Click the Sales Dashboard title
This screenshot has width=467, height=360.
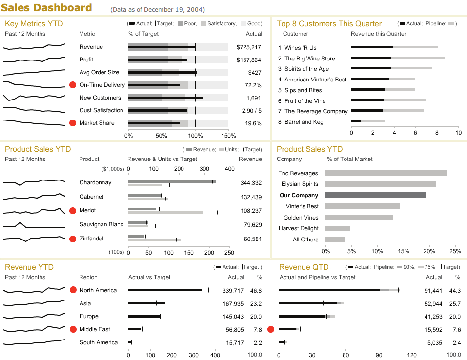point(47,8)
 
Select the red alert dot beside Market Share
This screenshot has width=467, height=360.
point(73,123)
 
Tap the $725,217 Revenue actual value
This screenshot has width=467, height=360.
point(248,47)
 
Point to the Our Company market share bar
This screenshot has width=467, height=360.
point(375,195)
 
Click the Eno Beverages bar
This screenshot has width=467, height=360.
point(386,173)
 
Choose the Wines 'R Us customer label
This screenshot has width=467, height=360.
point(300,48)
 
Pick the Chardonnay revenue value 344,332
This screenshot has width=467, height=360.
point(251,183)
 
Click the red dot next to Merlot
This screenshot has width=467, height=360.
point(73,210)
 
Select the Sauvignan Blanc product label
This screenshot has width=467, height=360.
point(102,224)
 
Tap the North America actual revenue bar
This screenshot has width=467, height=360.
point(165,290)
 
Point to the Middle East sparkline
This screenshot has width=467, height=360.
point(34,329)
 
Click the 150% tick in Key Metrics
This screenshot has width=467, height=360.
point(228,136)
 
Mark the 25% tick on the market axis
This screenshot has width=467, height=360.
point(455,251)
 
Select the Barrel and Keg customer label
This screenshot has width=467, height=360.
point(304,122)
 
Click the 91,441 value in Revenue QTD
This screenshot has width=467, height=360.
point(434,291)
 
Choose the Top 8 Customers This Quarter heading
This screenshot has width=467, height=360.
point(329,23)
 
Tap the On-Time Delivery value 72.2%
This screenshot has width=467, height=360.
point(253,85)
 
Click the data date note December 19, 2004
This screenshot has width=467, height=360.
point(158,10)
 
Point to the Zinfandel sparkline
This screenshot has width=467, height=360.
point(34,239)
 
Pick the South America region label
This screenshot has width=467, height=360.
point(99,342)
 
